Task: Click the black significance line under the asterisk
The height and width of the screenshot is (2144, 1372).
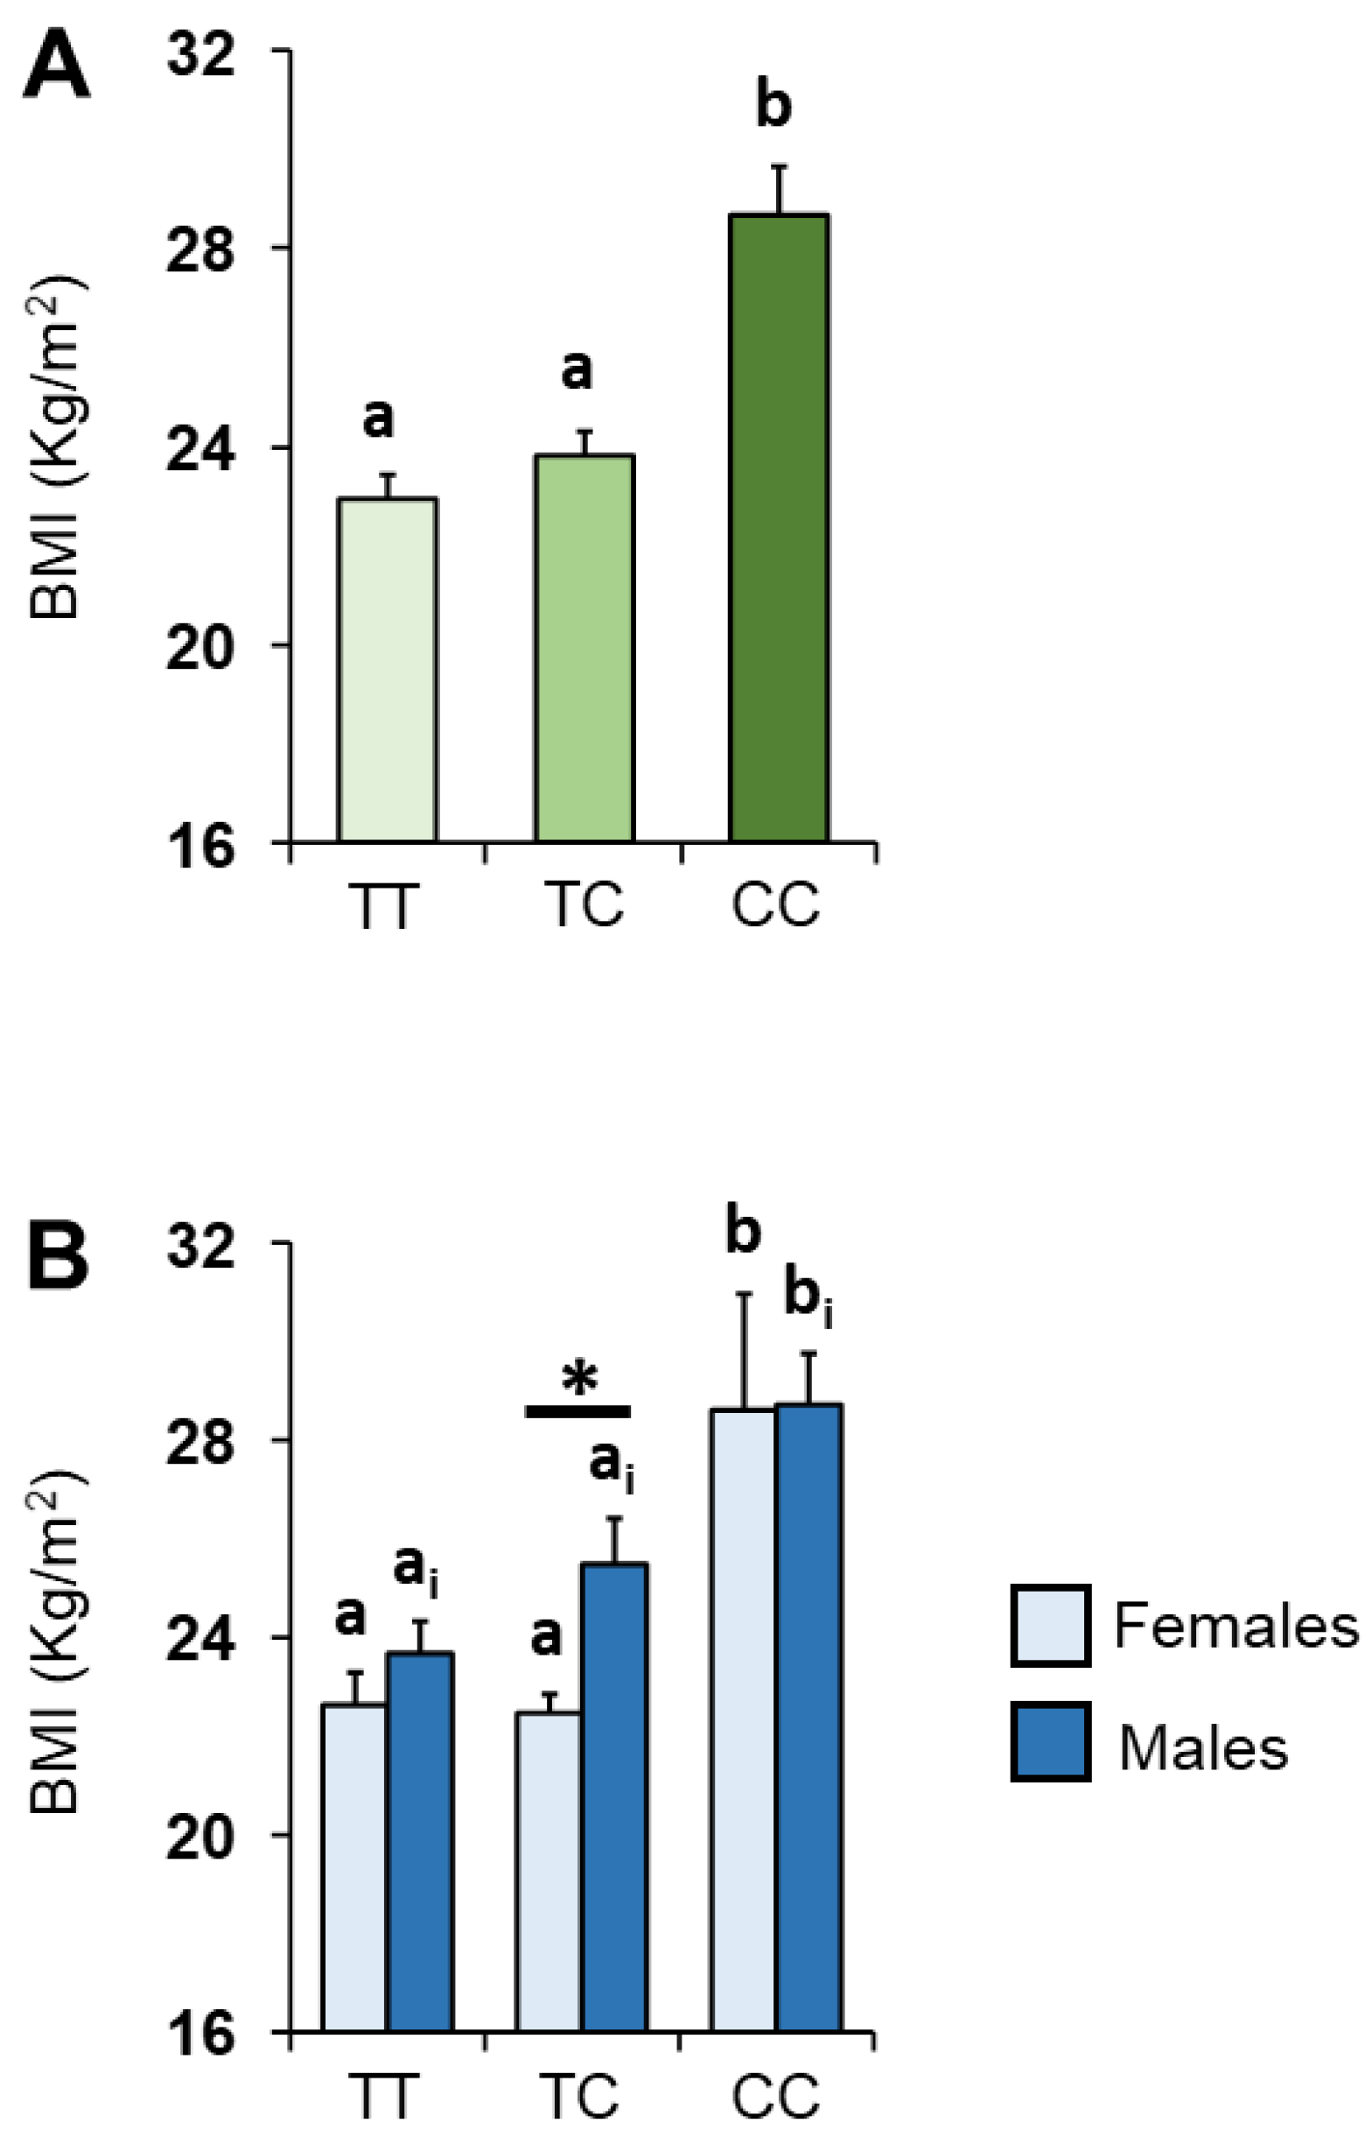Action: (x=578, y=1411)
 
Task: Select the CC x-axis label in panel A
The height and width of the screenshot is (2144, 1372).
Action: (x=775, y=905)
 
